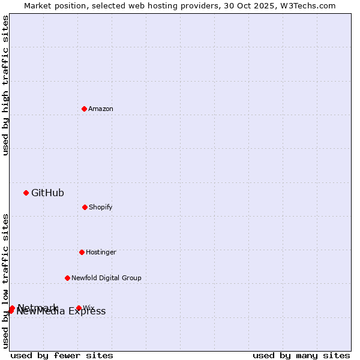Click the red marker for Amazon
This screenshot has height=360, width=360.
pos(84,109)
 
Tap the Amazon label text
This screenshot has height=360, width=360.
pos(101,109)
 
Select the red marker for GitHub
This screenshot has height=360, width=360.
pos(26,193)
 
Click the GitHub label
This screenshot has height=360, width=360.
pos(47,193)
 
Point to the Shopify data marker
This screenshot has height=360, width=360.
pos(85,207)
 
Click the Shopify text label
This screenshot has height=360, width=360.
pos(101,207)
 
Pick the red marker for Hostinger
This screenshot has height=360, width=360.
pos(82,252)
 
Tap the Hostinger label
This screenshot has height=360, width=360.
pos(101,252)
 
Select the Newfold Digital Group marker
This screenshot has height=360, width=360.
pos(67,278)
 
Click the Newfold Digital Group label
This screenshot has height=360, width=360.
pos(106,278)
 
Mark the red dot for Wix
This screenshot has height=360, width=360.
pos(79,308)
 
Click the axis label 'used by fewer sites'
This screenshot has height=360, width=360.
pos(62,355)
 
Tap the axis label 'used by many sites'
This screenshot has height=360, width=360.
pos(301,355)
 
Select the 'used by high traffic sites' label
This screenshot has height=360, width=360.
pos(5,85)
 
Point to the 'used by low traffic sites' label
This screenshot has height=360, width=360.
pos(5,281)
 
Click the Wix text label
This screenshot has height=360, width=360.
pos(89,308)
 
